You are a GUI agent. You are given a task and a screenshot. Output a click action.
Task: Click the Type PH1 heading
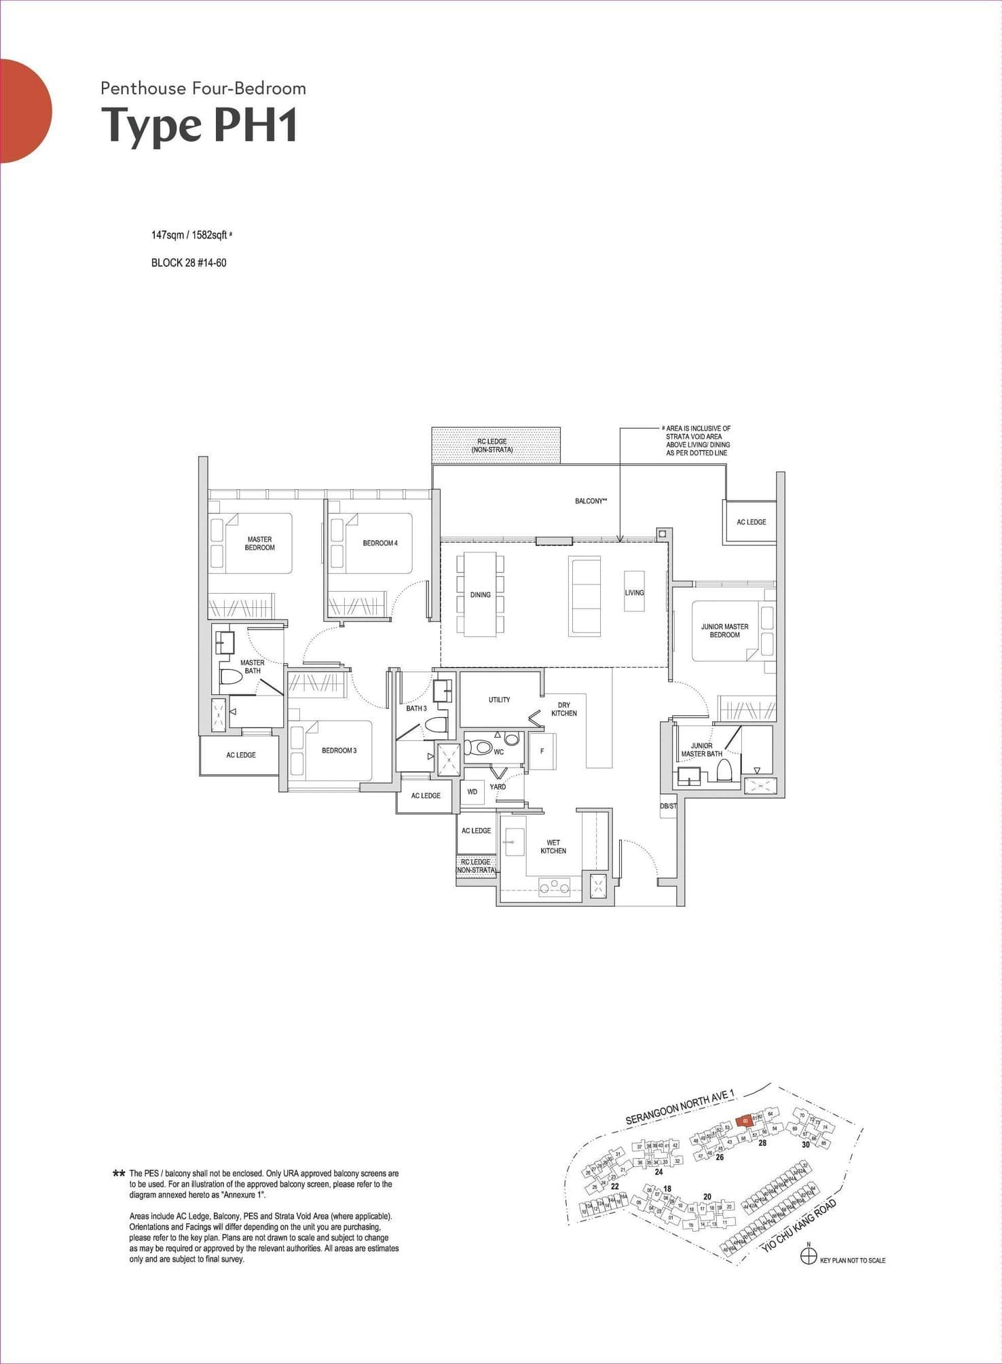tap(200, 125)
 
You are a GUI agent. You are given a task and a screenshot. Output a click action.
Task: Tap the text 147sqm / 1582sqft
tap(189, 235)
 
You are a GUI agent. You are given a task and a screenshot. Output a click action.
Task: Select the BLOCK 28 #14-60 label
tap(189, 263)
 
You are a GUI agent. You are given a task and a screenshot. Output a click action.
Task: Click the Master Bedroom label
tap(259, 543)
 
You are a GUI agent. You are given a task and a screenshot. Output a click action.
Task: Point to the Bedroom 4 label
tap(380, 543)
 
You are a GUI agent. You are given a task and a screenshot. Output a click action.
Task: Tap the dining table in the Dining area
tap(481, 595)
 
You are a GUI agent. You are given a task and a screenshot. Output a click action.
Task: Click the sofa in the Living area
tap(584, 596)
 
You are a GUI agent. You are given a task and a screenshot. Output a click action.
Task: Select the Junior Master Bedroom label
tap(724, 631)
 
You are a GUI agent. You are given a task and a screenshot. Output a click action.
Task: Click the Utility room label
tap(499, 700)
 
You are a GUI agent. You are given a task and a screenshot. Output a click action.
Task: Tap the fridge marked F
tap(542, 751)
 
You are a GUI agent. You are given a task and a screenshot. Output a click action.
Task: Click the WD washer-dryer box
tap(472, 792)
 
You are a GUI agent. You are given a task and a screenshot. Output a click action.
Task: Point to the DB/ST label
tap(668, 806)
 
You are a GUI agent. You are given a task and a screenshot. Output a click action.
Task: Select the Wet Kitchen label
tap(553, 847)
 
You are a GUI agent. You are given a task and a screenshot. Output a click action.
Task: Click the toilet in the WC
tap(481, 748)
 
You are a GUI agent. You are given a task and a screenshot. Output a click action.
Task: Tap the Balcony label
tap(591, 501)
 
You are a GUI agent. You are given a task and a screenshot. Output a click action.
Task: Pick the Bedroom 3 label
tap(339, 751)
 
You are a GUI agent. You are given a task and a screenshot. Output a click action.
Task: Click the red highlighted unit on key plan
tap(745, 1121)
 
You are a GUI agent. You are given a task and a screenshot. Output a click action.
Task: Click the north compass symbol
tap(809, 1257)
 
